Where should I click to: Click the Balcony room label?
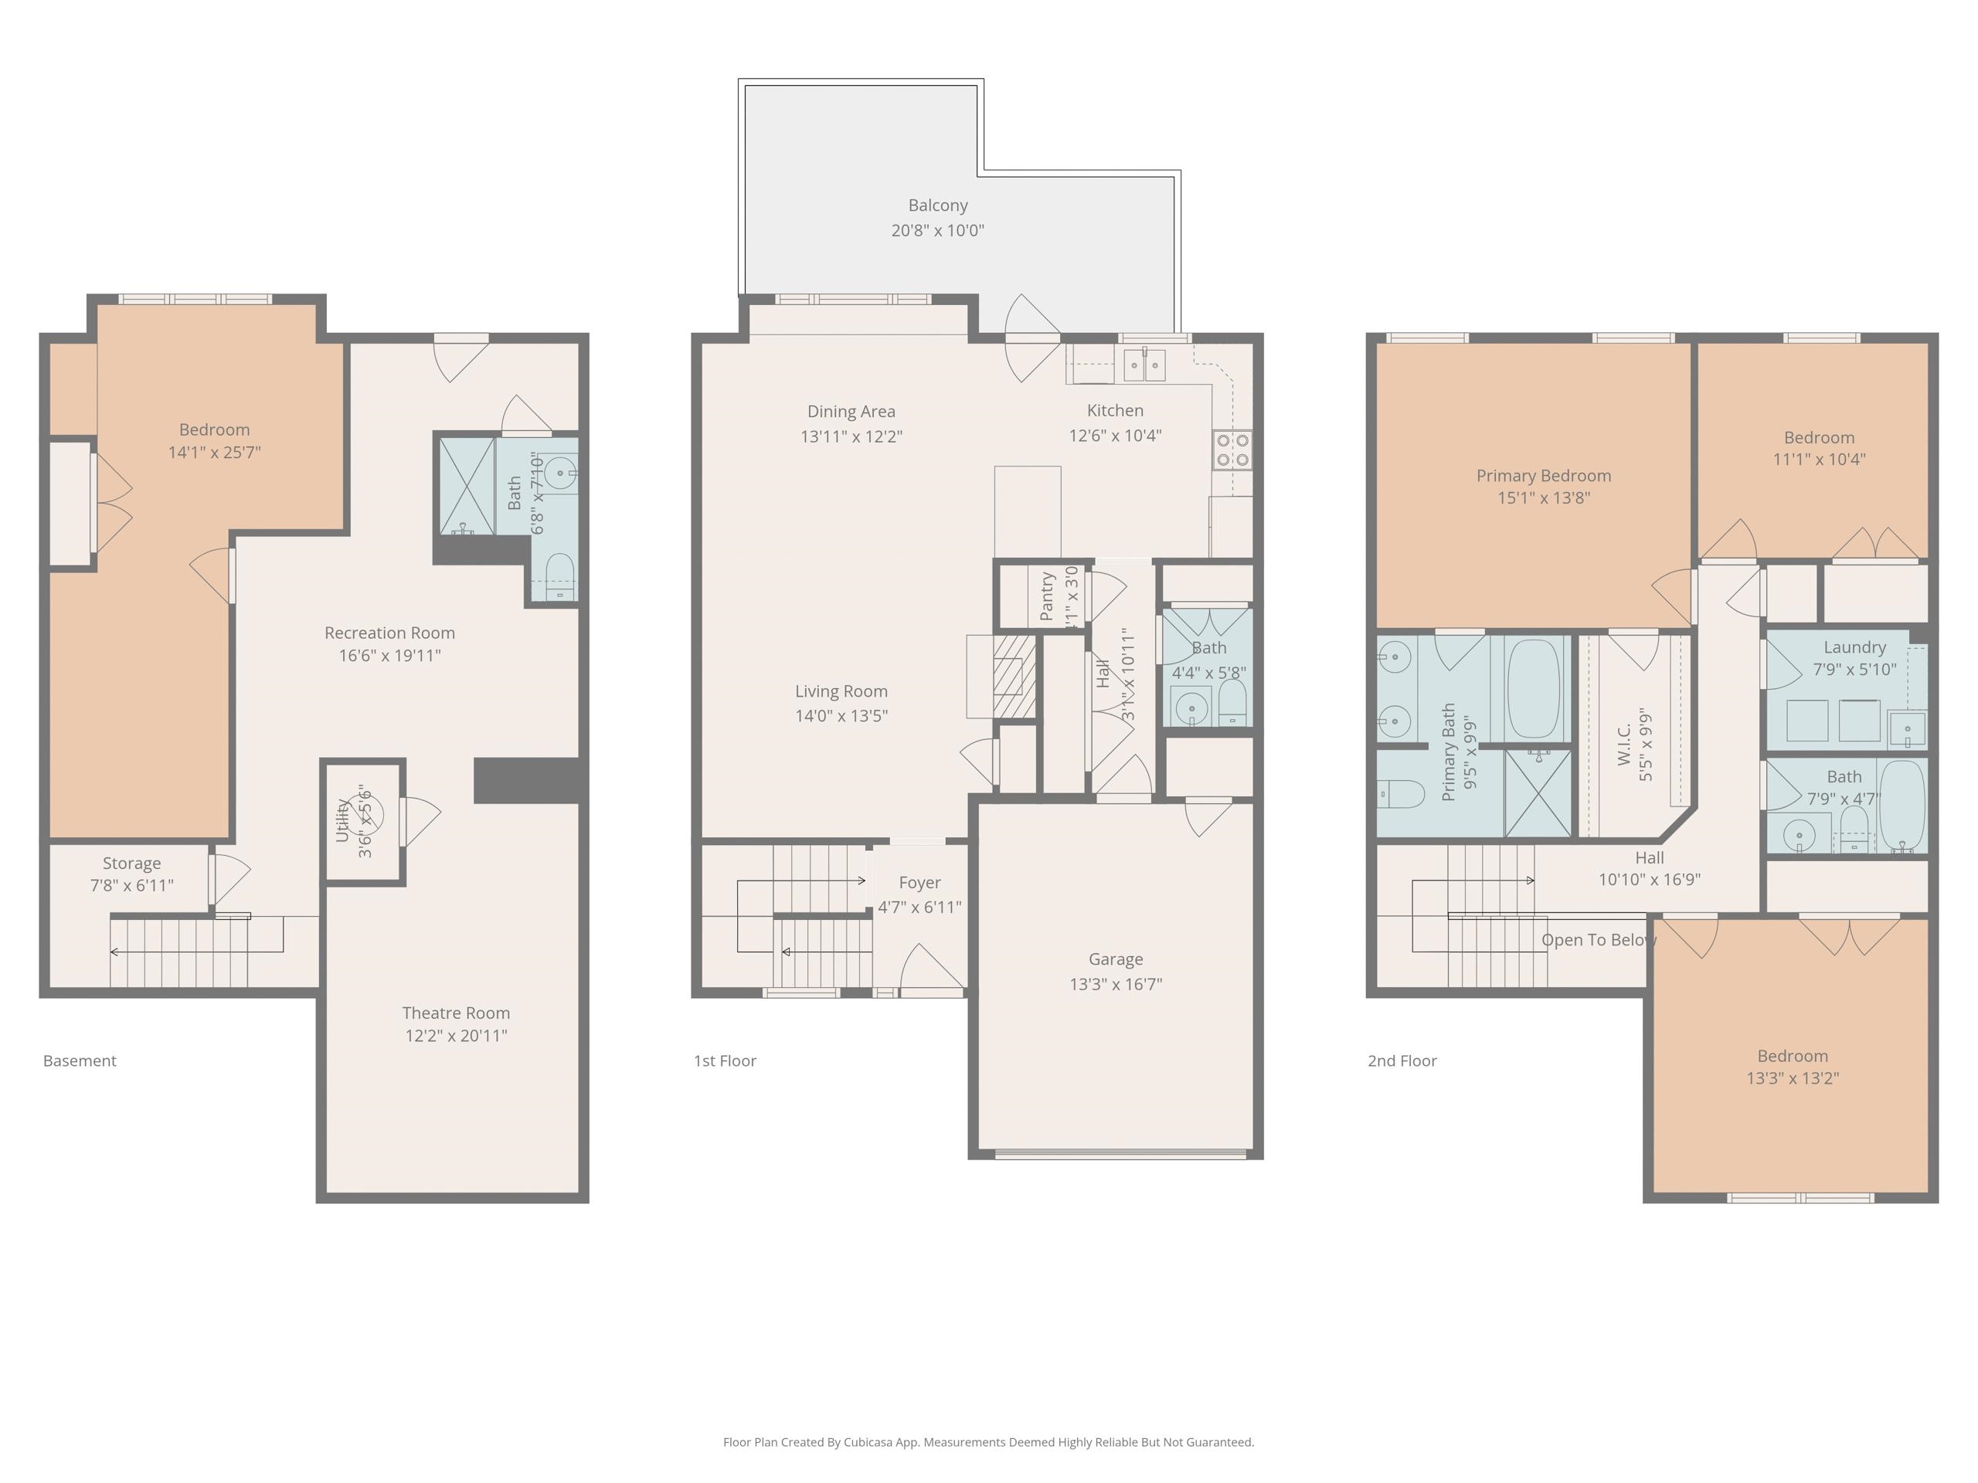937,205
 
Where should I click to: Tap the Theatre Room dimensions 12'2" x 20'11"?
456,1036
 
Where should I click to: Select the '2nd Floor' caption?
1402,1061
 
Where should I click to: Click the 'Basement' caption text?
80,1061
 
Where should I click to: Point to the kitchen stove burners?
1232,450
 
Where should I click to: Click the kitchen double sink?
1144,365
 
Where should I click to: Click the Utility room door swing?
420,820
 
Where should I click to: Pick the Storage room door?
229,879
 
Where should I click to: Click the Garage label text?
1115,959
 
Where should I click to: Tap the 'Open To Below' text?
1598,939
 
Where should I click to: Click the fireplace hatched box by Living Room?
1013,676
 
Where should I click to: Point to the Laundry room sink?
1908,729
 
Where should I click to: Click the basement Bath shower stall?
466,487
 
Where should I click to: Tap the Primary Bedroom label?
1544,476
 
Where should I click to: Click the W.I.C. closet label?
1625,744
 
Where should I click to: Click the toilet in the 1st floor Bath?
1232,704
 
